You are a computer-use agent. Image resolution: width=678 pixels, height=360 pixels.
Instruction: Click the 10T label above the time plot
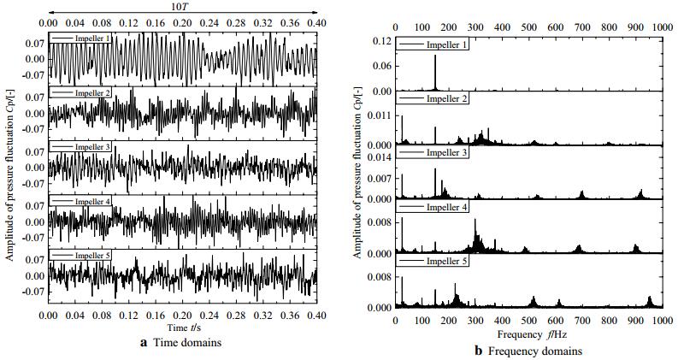coord(182,7)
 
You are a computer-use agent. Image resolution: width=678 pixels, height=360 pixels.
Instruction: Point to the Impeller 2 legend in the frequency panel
coord(446,99)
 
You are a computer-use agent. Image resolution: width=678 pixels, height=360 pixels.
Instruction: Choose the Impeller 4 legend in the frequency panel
coord(446,207)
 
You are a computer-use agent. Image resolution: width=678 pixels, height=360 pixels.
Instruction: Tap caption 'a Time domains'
coord(182,343)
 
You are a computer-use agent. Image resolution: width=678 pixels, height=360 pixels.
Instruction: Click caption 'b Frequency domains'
coord(530,351)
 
